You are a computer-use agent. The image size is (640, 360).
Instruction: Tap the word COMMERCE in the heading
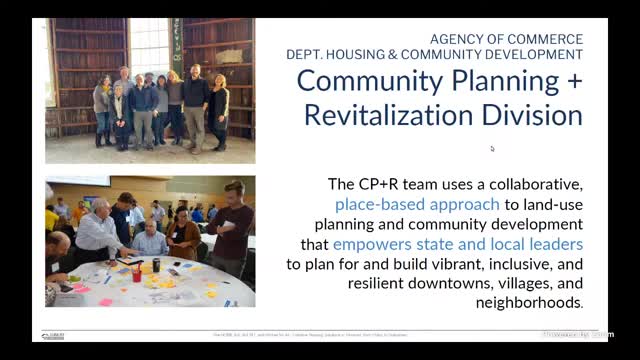[x=546, y=39]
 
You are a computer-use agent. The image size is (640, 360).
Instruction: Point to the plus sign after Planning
[x=573, y=81]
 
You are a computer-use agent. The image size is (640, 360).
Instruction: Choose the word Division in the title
[x=531, y=114]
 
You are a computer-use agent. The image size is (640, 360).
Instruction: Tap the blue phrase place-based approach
[x=417, y=204]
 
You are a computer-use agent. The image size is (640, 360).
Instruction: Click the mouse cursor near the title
[x=492, y=148]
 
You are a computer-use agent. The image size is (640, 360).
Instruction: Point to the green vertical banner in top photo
[x=176, y=44]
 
